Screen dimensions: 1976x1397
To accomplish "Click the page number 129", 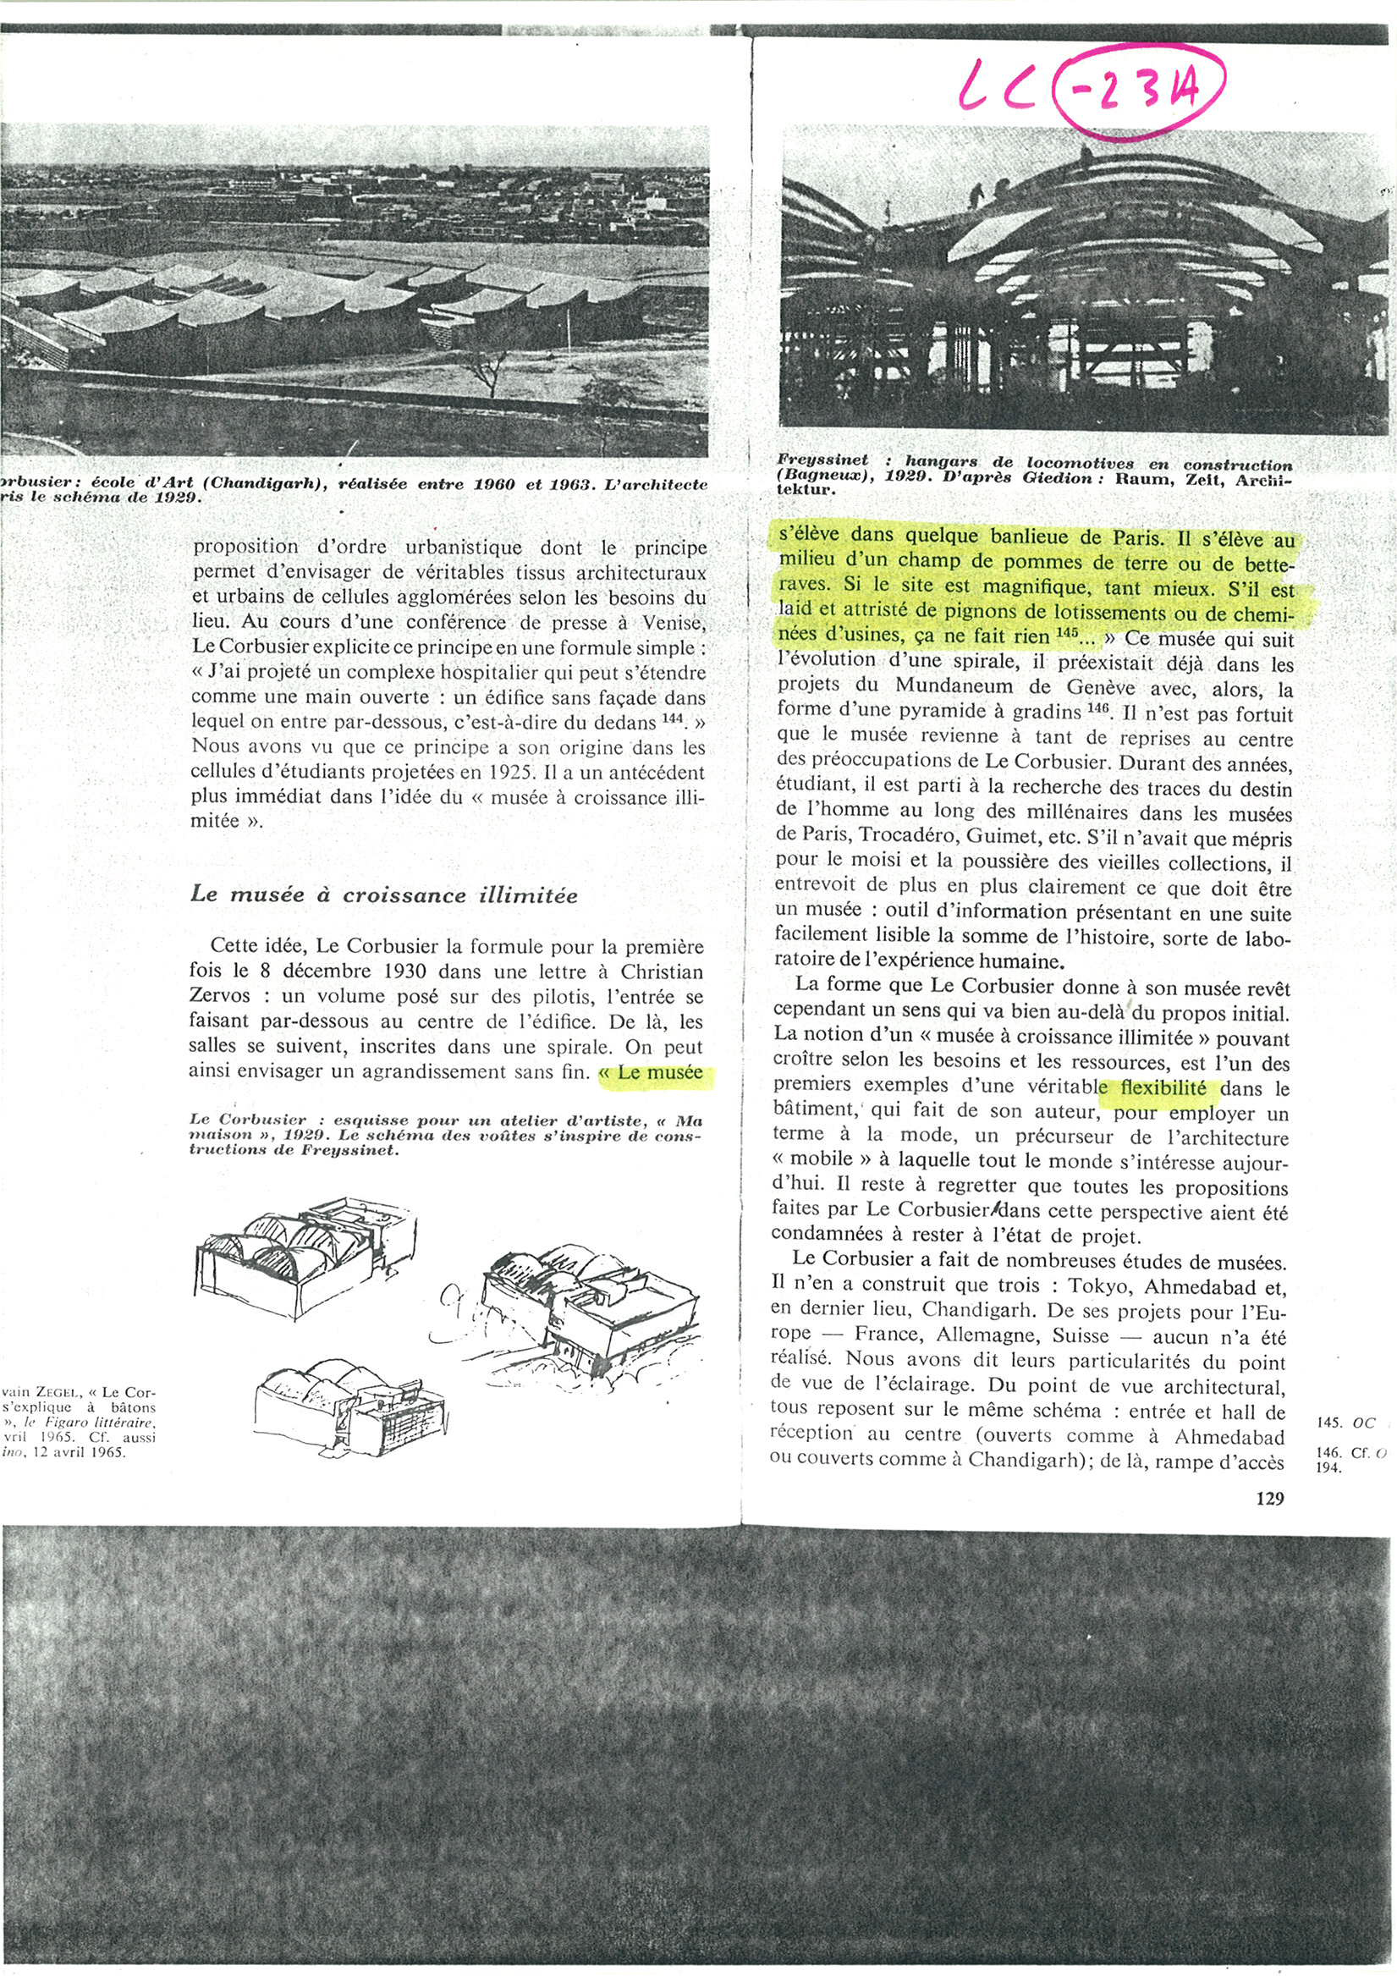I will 1269,1499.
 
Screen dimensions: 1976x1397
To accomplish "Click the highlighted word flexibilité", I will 1169,1087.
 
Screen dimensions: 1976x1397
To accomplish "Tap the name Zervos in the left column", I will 226,998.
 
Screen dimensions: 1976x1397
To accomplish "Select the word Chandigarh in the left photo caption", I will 245,485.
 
